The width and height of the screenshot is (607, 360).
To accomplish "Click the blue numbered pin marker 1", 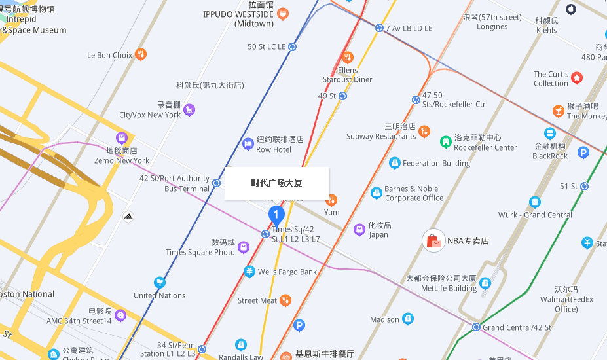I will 276,215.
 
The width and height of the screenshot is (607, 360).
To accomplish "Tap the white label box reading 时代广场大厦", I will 276,183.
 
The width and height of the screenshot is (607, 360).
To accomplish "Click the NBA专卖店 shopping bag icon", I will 433,241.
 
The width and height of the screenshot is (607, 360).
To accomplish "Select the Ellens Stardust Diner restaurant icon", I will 348,57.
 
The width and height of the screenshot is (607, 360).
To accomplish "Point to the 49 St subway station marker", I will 343,96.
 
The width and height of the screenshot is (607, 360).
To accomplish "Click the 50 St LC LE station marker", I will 293,46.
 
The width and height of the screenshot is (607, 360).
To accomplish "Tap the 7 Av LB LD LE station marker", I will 379,28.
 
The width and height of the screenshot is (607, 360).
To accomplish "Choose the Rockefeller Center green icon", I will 445,141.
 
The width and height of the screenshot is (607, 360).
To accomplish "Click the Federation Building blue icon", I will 394,163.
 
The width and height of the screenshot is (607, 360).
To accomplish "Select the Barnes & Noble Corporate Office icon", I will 376,193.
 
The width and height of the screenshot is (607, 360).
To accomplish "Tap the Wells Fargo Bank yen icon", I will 249,272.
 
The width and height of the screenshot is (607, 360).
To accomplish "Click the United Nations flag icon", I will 159,283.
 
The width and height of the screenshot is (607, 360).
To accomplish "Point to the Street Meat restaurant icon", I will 285,300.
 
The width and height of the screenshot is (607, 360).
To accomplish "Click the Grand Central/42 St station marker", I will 477,327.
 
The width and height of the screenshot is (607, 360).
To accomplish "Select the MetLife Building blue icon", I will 485,283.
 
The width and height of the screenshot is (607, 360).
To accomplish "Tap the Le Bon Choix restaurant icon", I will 140,55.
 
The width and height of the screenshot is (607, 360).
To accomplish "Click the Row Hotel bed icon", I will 248,144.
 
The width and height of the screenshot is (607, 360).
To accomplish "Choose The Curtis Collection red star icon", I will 576,78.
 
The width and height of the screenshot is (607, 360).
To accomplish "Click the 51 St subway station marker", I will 585,186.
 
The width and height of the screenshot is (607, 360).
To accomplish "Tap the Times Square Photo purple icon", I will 244,247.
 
